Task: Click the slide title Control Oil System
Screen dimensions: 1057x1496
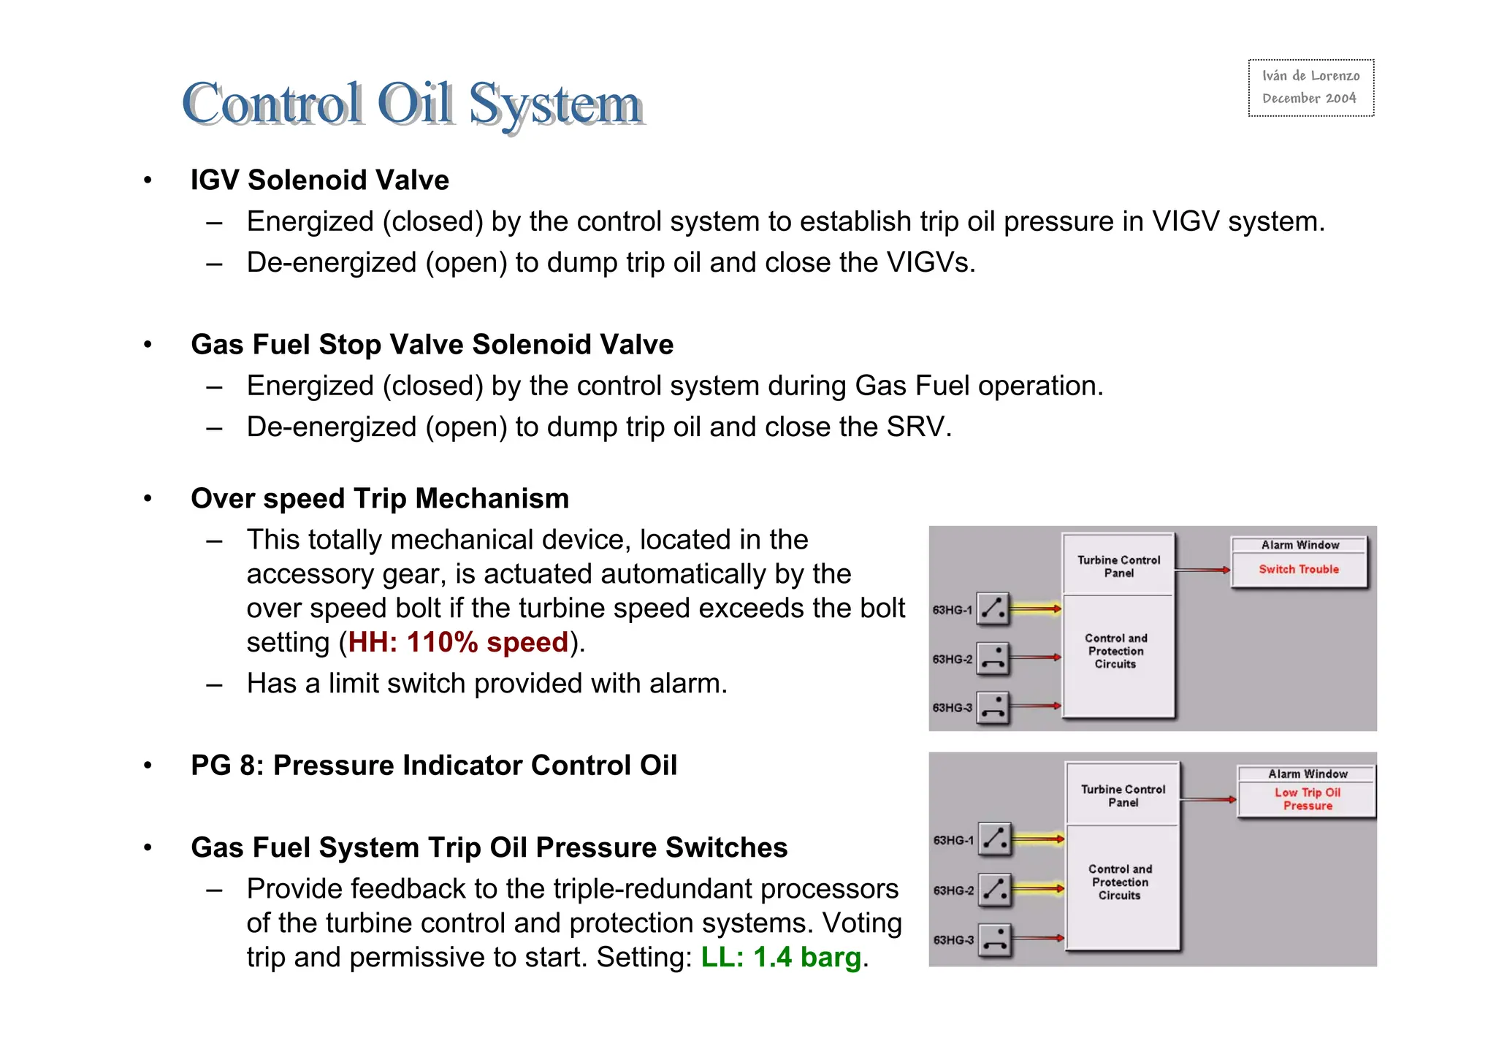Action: coord(413,104)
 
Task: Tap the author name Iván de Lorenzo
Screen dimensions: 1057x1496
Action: coord(1310,76)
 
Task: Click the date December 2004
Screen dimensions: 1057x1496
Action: coord(1309,99)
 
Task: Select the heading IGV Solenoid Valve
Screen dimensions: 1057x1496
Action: coord(320,180)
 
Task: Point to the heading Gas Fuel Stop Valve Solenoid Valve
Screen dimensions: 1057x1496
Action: coord(432,345)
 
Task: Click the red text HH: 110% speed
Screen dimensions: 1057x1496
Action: coord(458,643)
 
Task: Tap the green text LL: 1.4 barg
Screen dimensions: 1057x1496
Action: coord(781,957)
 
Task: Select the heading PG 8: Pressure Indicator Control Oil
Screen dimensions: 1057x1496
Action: coord(434,766)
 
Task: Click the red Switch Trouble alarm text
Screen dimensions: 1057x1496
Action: coord(1299,570)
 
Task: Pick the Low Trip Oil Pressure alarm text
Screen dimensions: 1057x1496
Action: coord(1308,799)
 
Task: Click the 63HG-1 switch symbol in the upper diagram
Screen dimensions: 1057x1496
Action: coord(993,608)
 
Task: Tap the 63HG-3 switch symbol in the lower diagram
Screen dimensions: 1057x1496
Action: coord(994,940)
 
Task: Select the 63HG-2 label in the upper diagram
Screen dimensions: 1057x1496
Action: coord(953,660)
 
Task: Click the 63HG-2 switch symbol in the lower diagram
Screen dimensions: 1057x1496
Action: coord(994,890)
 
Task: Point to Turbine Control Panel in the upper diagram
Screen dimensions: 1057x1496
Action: coord(1118,567)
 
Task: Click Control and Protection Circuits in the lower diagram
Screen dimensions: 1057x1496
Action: coord(1120,882)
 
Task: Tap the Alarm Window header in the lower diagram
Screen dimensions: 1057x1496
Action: coord(1308,774)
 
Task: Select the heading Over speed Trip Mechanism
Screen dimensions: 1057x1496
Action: coord(380,499)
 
